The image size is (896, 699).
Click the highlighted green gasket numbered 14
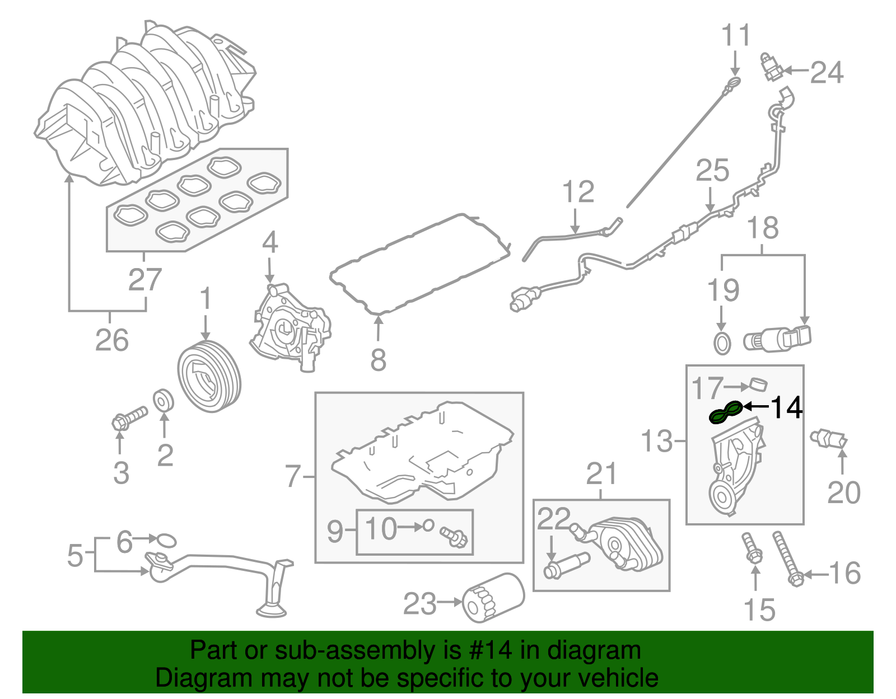pyautogui.click(x=726, y=413)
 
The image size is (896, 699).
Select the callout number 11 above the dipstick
pyautogui.click(x=735, y=35)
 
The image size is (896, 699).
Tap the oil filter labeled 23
pyautogui.click(x=493, y=598)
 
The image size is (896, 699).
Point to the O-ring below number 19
pyautogui.click(x=722, y=343)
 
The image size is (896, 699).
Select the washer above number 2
pyautogui.click(x=164, y=400)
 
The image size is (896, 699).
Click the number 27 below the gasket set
pyautogui.click(x=144, y=279)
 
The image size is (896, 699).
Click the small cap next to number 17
pyautogui.click(x=758, y=384)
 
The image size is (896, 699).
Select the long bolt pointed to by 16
pyautogui.click(x=787, y=559)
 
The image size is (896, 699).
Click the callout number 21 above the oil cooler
pyautogui.click(x=601, y=474)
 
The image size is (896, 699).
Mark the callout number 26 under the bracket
pyautogui.click(x=111, y=340)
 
